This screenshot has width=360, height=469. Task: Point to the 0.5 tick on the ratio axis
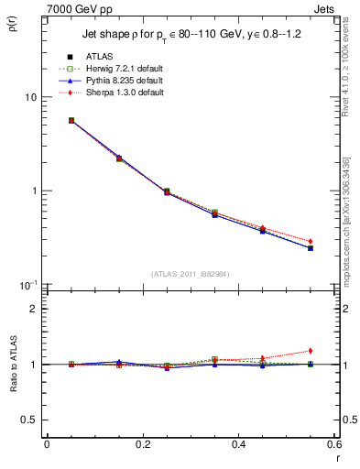pos(30,420)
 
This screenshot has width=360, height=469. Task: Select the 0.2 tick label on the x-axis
pos(142,445)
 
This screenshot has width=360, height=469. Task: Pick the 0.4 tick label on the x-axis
pos(238,445)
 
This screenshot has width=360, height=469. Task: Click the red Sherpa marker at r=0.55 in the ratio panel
pos(311,351)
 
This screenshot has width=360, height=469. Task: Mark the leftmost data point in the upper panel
pos(71,120)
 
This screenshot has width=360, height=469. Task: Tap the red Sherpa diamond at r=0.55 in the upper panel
pos(311,241)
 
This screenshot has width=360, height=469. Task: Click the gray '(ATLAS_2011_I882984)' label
pos(191,273)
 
